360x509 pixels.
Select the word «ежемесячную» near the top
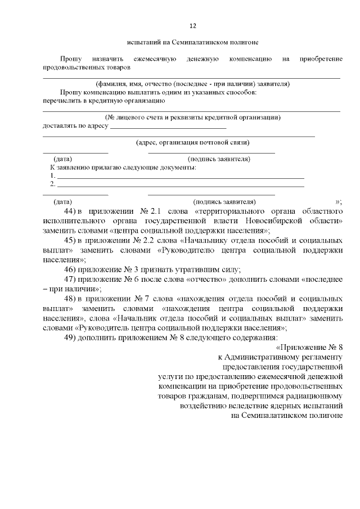point(156,59)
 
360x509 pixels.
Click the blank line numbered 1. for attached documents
point(180,177)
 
